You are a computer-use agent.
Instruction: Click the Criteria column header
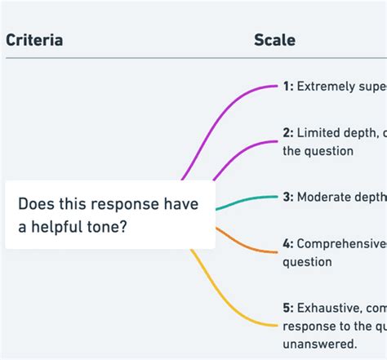pyautogui.click(x=34, y=39)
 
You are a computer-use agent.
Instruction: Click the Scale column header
pyautogui.click(x=274, y=39)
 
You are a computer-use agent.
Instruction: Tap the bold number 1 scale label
pyautogui.click(x=288, y=87)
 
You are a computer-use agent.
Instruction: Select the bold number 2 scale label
pyautogui.click(x=288, y=133)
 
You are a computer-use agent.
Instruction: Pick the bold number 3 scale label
pyautogui.click(x=288, y=197)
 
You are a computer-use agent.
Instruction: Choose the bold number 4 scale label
pyautogui.click(x=288, y=243)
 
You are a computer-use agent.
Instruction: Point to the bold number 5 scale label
pyautogui.click(x=288, y=307)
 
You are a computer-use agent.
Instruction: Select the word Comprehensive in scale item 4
pyautogui.click(x=341, y=243)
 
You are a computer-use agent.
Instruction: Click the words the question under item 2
pyautogui.click(x=318, y=151)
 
